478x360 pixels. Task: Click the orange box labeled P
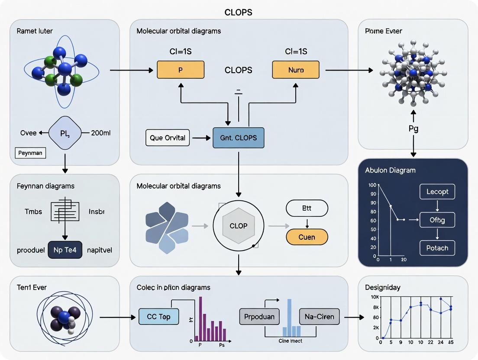coord(181,70)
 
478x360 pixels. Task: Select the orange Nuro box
coord(295,70)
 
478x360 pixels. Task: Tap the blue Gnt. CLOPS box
coord(238,138)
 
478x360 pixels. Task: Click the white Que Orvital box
coord(167,138)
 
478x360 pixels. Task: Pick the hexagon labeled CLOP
coord(238,226)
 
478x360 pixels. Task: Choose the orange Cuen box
coord(307,237)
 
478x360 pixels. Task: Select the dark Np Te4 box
coord(65,250)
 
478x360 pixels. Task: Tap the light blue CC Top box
coord(158,316)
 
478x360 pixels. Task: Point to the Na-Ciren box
coord(320,316)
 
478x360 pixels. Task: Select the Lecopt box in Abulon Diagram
coord(437,192)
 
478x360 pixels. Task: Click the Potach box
coord(437,248)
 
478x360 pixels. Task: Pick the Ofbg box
coord(437,220)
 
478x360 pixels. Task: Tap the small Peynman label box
coord(30,153)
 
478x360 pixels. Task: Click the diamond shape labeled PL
coord(65,133)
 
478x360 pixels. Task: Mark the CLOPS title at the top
coord(238,13)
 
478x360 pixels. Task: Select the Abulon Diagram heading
coord(391,170)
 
